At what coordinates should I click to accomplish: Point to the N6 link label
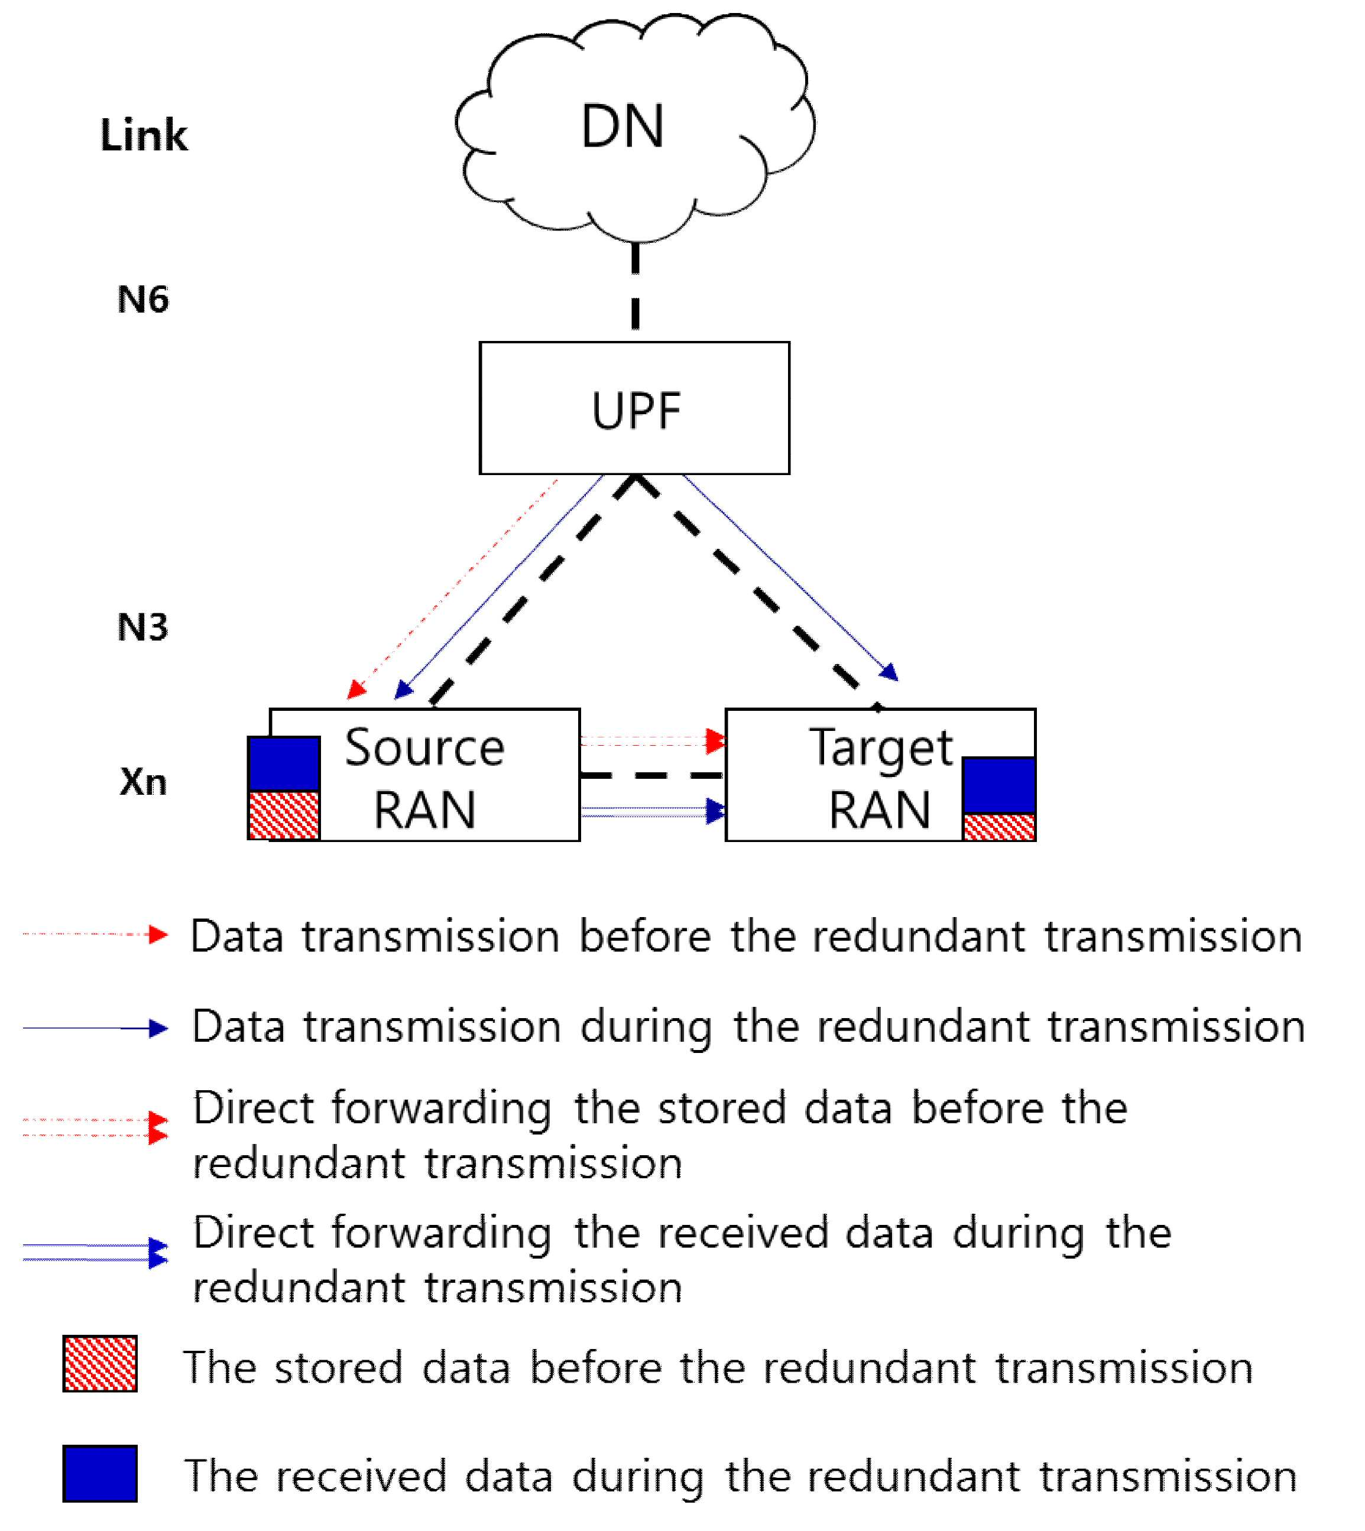(143, 299)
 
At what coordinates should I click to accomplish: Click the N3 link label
(143, 627)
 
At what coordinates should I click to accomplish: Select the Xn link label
(143, 781)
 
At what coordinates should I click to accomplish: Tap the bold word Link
(144, 135)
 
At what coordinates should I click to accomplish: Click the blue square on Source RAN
(284, 764)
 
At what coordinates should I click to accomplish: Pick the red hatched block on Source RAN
(284, 815)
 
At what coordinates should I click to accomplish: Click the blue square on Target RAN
(999, 785)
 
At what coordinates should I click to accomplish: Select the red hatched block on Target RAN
(999, 827)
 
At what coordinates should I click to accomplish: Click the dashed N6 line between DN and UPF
(636, 285)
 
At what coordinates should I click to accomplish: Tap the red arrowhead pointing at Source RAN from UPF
(357, 689)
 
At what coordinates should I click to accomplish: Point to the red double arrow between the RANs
(653, 742)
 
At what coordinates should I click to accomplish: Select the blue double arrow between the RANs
(653, 811)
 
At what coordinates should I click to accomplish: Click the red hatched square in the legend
(100, 1364)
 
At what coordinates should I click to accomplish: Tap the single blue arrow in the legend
(95, 1029)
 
